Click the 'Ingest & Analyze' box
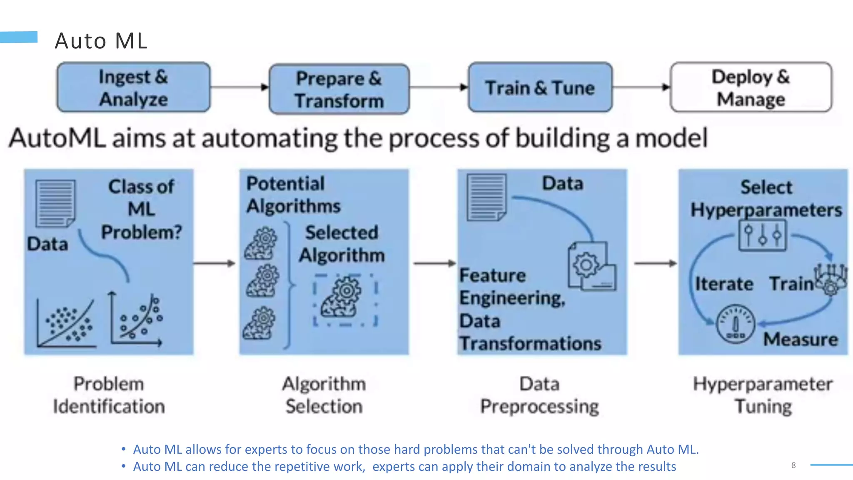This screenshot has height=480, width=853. tap(133, 87)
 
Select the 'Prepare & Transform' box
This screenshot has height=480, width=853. tap(339, 89)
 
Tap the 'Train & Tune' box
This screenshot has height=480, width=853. tap(540, 87)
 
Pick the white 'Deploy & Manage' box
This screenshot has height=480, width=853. tap(751, 87)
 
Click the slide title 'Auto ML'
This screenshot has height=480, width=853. tap(101, 41)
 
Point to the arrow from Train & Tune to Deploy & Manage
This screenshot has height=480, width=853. tap(641, 87)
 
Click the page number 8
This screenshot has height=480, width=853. tap(793, 465)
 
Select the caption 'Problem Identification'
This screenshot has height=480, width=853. tap(109, 395)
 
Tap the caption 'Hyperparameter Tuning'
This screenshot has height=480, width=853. tap(763, 395)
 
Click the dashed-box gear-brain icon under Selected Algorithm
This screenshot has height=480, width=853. tap(345, 299)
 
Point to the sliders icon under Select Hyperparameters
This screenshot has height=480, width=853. tap(762, 235)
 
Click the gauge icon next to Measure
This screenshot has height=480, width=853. tap(735, 323)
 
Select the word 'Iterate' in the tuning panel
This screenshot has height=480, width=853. tap(724, 284)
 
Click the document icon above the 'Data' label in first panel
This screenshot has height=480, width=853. tap(55, 203)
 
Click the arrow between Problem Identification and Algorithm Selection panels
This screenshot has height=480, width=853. tap(214, 263)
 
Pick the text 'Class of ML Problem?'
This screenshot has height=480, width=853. tap(141, 209)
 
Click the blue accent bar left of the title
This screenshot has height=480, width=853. tap(19, 37)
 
